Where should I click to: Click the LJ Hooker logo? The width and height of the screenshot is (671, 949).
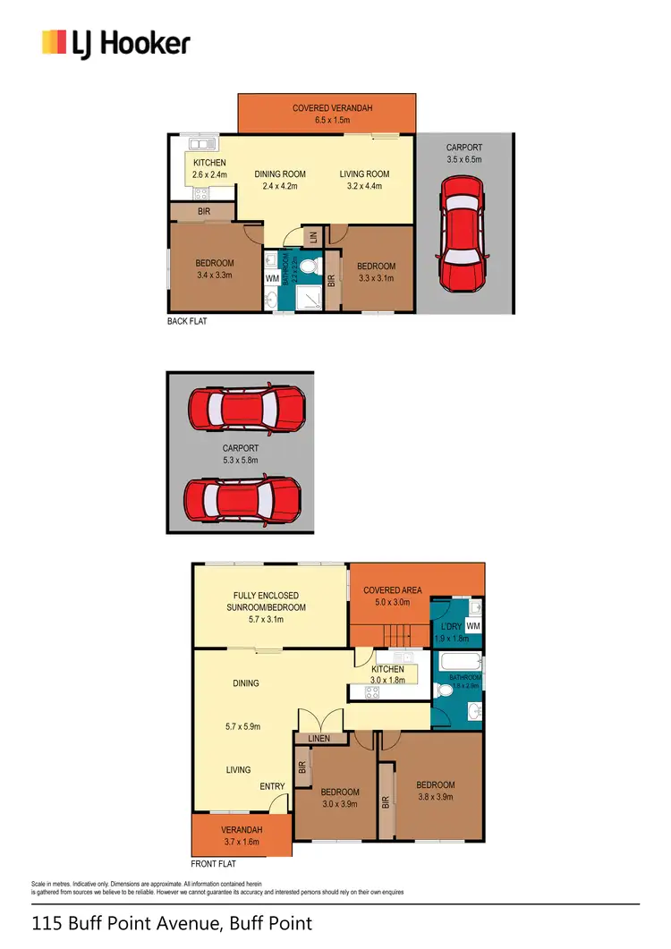coord(115,43)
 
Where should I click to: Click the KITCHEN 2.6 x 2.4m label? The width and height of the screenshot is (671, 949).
coord(209,168)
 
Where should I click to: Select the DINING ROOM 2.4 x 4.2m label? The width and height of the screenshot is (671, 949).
coord(280,180)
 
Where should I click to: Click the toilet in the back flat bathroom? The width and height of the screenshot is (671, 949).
coord(307,267)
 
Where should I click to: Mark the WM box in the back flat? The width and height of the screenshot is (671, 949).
coord(272,279)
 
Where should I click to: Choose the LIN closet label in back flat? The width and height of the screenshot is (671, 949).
coord(312,237)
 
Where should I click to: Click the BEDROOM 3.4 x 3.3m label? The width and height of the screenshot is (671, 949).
coord(215,269)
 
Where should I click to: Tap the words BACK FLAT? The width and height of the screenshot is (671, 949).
coord(187,321)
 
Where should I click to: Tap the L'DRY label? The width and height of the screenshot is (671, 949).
coord(451,627)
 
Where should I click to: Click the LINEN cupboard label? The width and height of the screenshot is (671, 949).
coord(319,739)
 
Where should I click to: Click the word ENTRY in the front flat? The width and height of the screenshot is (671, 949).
coord(272,787)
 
